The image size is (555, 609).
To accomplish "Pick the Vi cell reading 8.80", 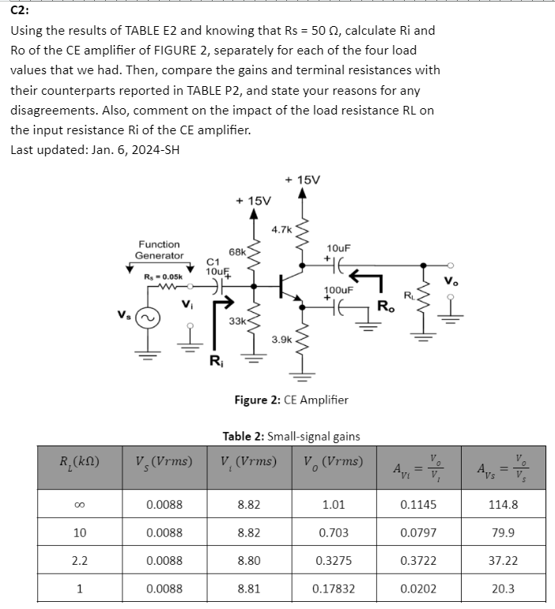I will (251, 560).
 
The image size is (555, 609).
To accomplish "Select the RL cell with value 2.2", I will (79, 560).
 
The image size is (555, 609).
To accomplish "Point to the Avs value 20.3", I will (504, 588).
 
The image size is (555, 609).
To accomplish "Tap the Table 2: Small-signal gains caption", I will (291, 436).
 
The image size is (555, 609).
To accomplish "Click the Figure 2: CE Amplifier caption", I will (291, 400).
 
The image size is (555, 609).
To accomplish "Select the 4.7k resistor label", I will (281, 230).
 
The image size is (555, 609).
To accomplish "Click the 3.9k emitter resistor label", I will (281, 340).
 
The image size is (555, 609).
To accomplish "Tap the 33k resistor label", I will (236, 321).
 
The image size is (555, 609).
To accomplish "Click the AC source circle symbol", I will (144, 316).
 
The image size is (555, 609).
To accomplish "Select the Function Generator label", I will (158, 250).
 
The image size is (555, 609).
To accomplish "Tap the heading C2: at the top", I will (21, 10).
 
